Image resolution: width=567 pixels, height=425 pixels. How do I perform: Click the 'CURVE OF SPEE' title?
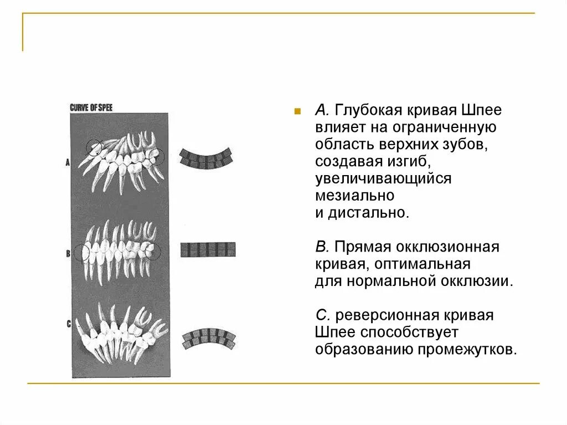[91, 107]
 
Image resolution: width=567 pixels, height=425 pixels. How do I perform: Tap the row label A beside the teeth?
[68, 162]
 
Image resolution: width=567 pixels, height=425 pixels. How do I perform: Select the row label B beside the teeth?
[68, 254]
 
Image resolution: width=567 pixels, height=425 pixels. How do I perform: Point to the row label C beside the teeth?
[69, 324]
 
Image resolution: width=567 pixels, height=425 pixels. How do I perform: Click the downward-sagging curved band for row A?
[206, 157]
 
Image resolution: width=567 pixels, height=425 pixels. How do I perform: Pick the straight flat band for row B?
[208, 249]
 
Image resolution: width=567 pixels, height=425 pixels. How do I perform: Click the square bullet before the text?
[297, 111]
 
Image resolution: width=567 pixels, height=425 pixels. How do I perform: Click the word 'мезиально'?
[354, 196]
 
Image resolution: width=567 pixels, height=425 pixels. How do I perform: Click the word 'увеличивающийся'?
[383, 178]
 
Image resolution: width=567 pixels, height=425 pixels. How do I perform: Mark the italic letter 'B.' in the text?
[322, 247]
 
